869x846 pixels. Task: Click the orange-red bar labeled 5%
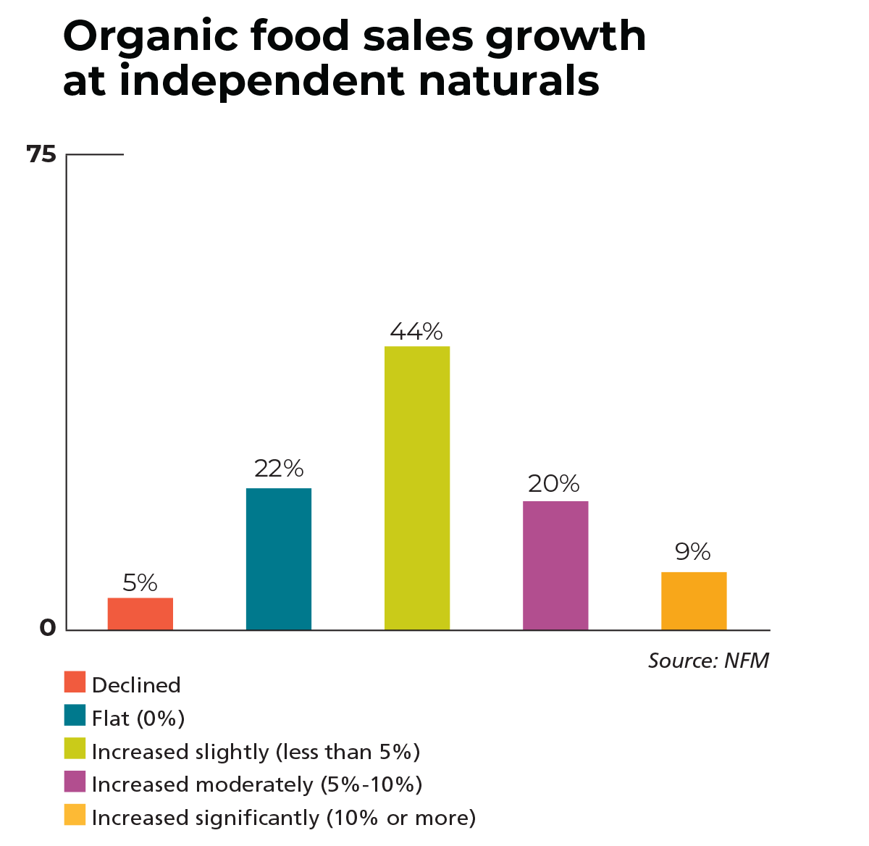(x=140, y=613)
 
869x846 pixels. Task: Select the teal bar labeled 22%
(x=278, y=558)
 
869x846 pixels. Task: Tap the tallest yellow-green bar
(x=416, y=487)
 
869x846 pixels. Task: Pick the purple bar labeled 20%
(x=555, y=565)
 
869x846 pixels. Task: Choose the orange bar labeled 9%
(x=693, y=600)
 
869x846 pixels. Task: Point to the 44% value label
(x=416, y=332)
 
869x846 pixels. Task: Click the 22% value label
(x=278, y=469)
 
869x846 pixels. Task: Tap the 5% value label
(x=140, y=582)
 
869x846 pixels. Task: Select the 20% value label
(x=554, y=483)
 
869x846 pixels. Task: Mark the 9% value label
(x=693, y=552)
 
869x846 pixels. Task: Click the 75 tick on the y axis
(x=41, y=154)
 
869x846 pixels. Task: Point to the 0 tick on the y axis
(x=47, y=628)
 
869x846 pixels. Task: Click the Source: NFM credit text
(x=708, y=661)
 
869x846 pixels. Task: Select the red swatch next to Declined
(x=75, y=682)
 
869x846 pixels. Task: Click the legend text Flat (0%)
(x=138, y=719)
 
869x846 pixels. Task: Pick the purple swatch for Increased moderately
(x=75, y=782)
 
